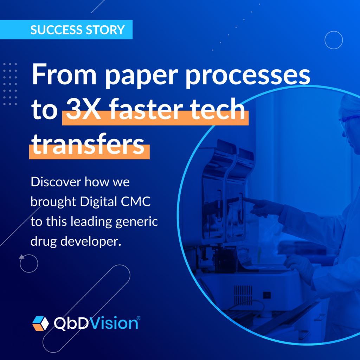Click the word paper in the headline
click(x=142, y=76)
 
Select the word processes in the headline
click(x=248, y=76)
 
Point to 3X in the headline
click(x=84, y=109)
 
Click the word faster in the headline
click(x=146, y=109)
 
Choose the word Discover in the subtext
click(x=56, y=182)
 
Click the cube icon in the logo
click(x=41, y=323)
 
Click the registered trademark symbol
click(x=139, y=318)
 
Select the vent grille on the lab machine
click(x=243, y=295)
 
